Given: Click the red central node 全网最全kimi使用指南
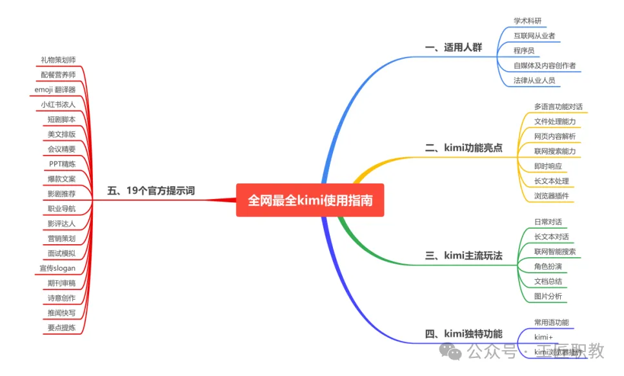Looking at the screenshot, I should (x=310, y=200).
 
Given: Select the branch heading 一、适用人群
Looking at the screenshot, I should (x=453, y=47).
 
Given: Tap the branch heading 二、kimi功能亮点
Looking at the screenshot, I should (x=463, y=148).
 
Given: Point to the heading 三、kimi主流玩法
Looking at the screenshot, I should (x=463, y=255).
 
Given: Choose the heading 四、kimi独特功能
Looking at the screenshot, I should (x=463, y=334).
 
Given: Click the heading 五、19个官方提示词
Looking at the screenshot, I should (x=151, y=191).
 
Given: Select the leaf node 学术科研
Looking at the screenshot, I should (x=527, y=21).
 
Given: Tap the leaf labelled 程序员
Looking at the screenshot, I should (x=523, y=50).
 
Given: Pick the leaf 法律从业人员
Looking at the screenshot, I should (x=534, y=81).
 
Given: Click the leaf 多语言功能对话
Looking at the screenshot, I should (x=558, y=107).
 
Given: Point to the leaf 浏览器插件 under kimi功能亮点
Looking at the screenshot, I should (x=551, y=196).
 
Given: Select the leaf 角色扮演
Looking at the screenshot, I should (x=548, y=266).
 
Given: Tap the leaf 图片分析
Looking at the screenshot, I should (x=548, y=297).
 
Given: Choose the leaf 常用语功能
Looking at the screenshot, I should (x=551, y=322).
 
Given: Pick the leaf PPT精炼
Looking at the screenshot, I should (x=61, y=163).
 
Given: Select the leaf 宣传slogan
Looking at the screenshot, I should (x=57, y=268).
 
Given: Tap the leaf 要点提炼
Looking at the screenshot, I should (x=61, y=328).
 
